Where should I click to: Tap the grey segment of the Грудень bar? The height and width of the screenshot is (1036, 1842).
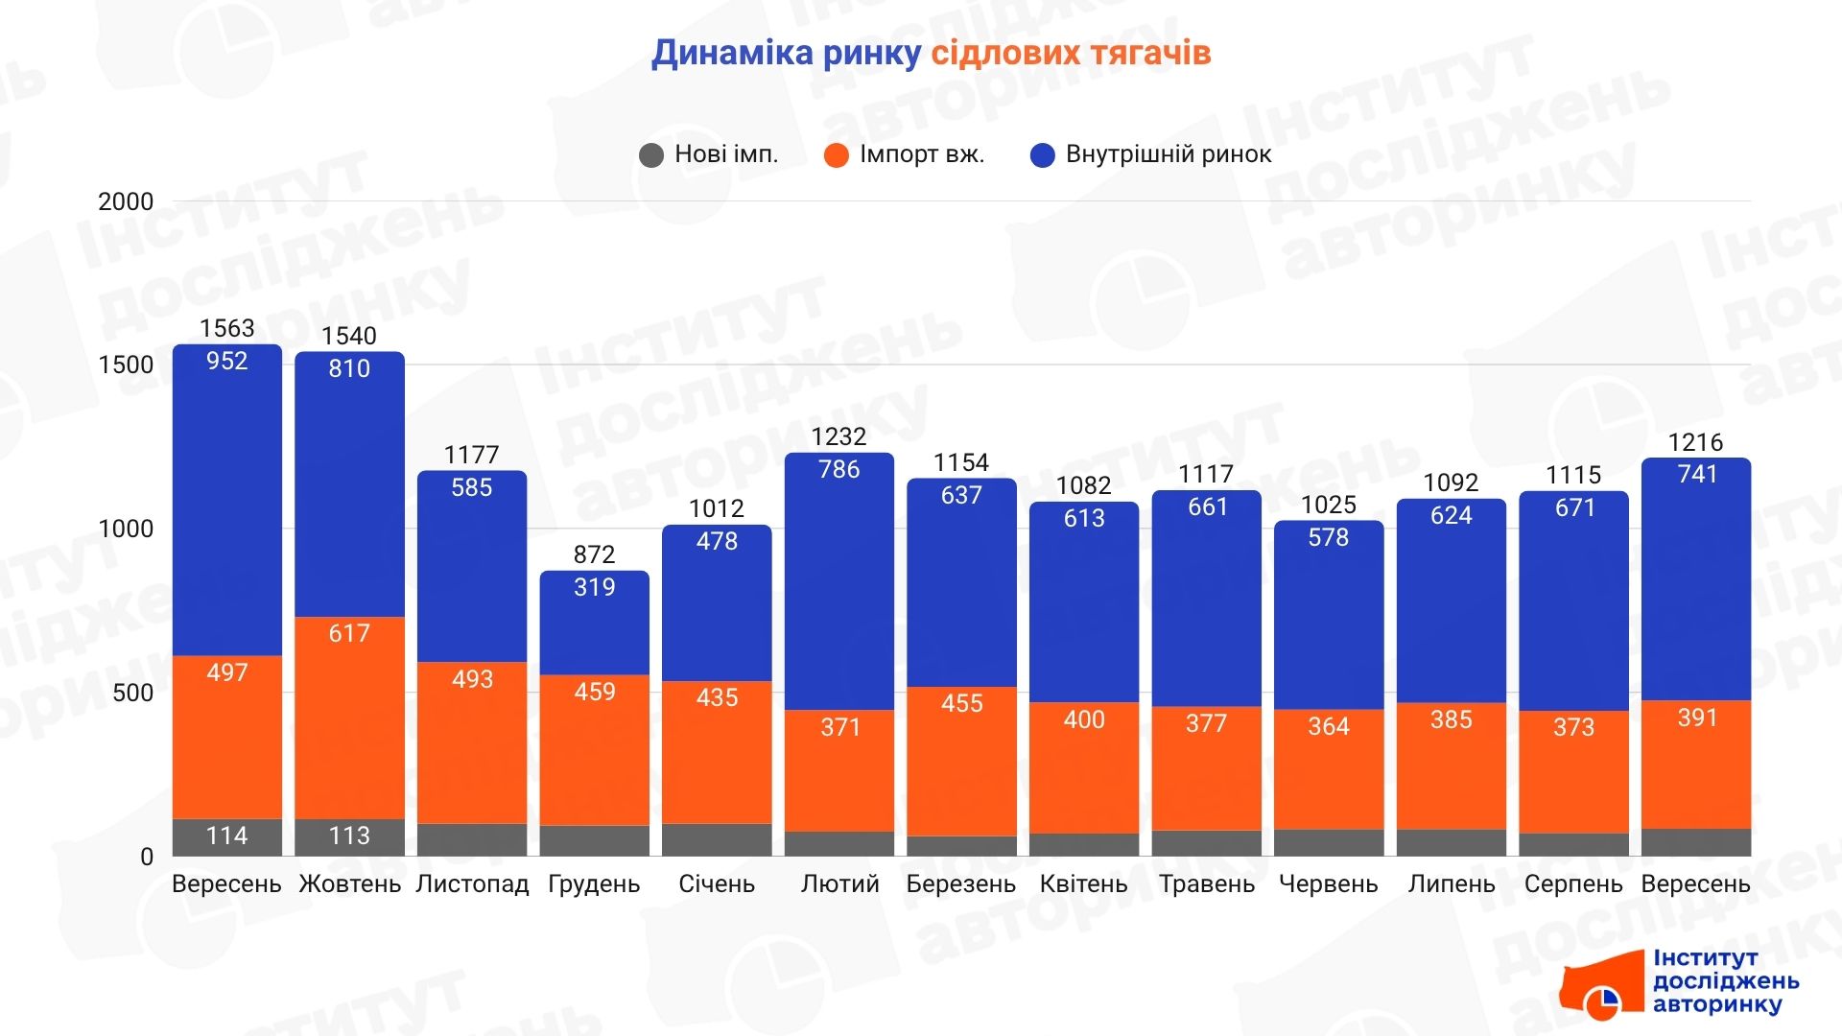coord(594,840)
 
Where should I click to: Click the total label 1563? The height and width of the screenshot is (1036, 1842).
coord(226,328)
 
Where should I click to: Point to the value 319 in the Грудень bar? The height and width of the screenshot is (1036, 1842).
coord(594,587)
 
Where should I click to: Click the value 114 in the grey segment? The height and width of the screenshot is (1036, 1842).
coord(226,836)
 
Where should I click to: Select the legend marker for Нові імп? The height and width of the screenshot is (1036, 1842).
coord(651,155)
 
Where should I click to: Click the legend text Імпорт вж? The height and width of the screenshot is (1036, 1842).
coord(921,154)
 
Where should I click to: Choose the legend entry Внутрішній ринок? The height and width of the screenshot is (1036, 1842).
coord(1168,154)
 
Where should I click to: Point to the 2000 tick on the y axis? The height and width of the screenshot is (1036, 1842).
coord(126,201)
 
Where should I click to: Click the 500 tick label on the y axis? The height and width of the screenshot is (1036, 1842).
coord(132,693)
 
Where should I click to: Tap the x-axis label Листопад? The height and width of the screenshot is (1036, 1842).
coord(472,883)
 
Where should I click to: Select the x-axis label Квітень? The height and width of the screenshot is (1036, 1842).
coord(1083,883)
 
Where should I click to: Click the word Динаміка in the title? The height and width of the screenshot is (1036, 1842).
coord(732,53)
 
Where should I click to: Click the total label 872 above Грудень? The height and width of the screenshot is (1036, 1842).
coord(594,554)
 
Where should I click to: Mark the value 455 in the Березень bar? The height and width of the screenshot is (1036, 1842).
coord(961,703)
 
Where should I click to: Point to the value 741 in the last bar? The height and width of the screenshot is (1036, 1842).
coord(1696,474)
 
